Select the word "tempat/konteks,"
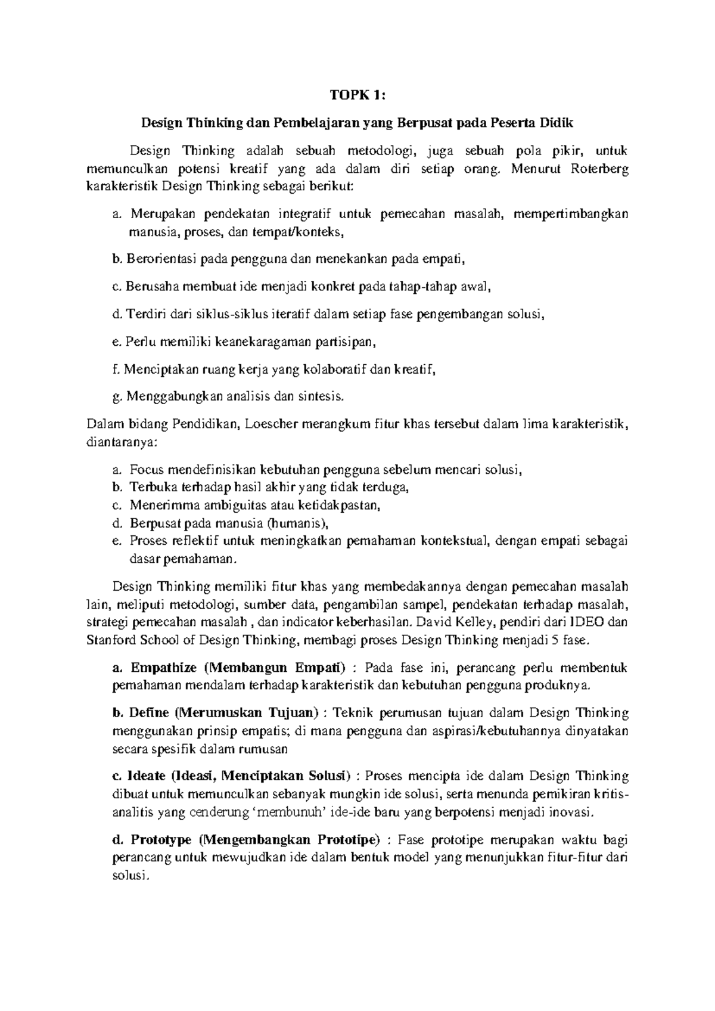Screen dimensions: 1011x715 (300, 232)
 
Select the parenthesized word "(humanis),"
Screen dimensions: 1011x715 (297, 523)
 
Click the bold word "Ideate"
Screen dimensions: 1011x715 (147, 777)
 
